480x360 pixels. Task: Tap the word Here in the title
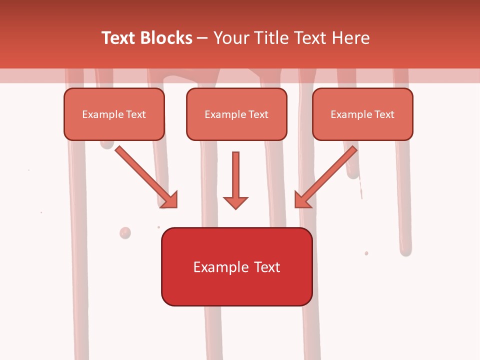coord(350,38)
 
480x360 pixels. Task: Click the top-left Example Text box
coord(114,114)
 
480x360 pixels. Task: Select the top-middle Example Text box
coord(236,114)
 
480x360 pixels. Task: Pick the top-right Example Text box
coord(362,114)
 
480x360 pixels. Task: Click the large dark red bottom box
coord(236,266)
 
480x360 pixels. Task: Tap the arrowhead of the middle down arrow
coord(235,202)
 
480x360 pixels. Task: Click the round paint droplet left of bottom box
coord(125,232)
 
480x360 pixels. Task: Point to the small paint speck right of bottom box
coord(366,253)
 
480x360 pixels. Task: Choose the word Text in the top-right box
coord(384,114)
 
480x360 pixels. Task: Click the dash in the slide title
coord(202,38)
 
